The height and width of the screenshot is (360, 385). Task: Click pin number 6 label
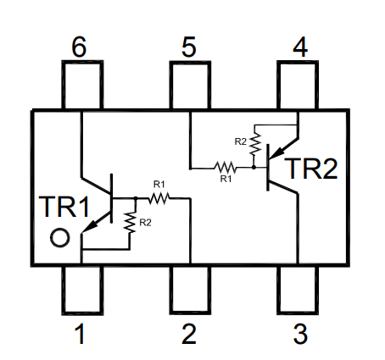click(79, 47)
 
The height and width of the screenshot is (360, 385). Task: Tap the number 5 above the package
click(188, 47)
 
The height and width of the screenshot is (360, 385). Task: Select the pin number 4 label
click(300, 47)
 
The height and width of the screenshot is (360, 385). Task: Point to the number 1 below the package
click(80, 334)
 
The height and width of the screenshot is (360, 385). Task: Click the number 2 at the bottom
click(189, 334)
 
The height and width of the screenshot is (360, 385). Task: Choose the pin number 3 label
click(300, 334)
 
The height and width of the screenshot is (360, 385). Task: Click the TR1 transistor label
click(64, 207)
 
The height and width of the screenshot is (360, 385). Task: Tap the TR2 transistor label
click(311, 169)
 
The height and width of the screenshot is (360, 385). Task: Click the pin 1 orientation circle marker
click(60, 237)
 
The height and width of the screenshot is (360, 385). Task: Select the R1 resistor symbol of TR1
click(159, 198)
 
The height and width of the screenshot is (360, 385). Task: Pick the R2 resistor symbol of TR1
click(130, 223)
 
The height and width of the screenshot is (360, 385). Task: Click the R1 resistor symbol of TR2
click(226, 168)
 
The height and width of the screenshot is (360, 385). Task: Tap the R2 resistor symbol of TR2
click(255, 144)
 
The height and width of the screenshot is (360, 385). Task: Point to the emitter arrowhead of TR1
click(91, 225)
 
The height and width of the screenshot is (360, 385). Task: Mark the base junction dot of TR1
click(136, 198)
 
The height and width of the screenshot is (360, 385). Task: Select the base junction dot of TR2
click(254, 168)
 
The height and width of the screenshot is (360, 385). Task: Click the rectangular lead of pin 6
click(82, 85)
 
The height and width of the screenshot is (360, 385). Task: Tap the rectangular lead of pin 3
click(298, 290)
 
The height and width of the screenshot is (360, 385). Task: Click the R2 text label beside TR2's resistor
click(241, 141)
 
